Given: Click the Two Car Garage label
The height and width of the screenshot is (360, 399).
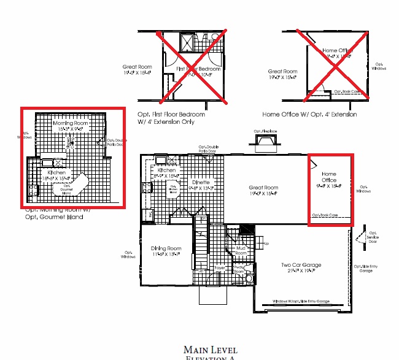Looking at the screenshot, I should (301, 266).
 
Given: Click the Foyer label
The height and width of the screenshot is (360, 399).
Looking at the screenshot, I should (220, 268).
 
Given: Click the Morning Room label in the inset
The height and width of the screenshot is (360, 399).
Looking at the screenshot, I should (71, 123).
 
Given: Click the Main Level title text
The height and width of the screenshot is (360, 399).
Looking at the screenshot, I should (211, 350).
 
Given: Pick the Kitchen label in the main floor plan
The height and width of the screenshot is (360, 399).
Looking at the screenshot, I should (166, 170).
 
